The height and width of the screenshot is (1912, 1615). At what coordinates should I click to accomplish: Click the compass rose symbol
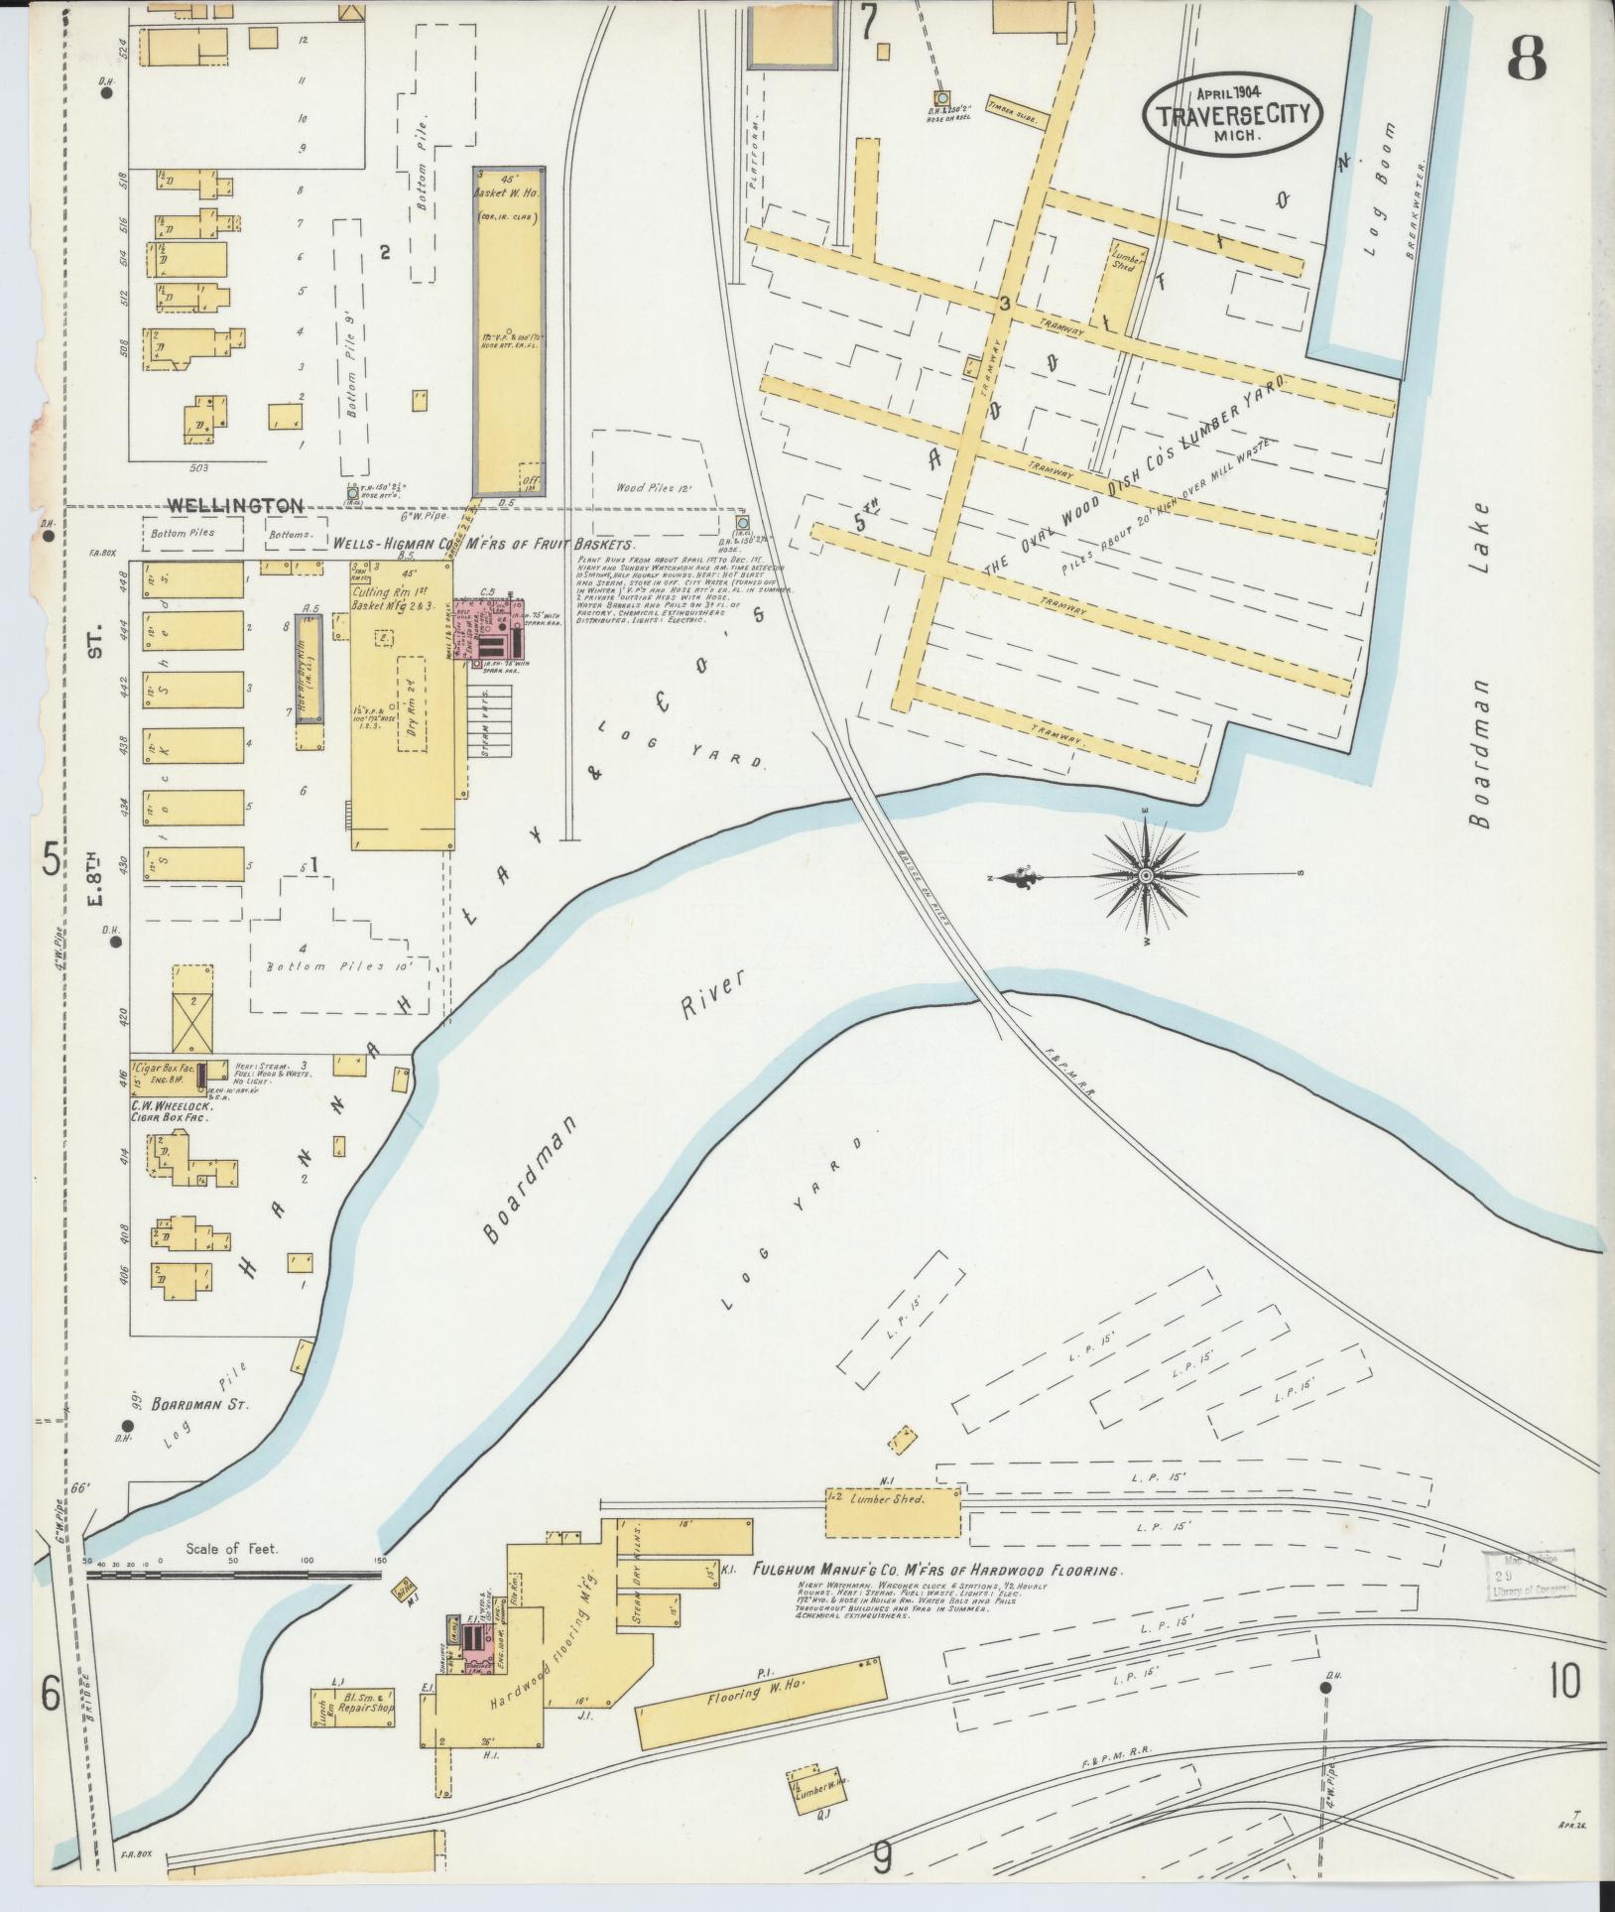(1147, 875)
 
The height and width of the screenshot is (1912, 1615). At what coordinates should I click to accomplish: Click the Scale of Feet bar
(234, 1574)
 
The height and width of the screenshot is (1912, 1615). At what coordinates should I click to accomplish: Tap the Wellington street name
(235, 506)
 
